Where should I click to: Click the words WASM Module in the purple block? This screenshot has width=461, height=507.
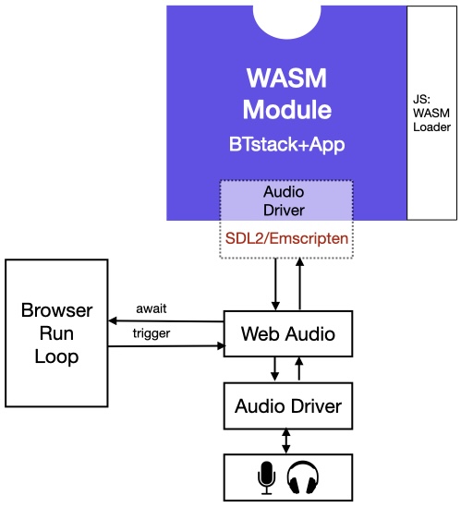[286, 93]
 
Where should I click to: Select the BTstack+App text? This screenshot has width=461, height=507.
[286, 145]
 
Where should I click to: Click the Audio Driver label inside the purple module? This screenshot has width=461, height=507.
[286, 200]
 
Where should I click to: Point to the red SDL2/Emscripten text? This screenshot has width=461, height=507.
[286, 237]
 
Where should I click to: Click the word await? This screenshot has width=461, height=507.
[152, 308]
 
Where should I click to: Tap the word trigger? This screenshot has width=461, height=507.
[152, 333]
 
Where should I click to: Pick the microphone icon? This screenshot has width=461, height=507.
[266, 477]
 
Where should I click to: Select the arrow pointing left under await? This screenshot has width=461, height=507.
[166, 320]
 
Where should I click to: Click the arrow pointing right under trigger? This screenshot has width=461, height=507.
[166, 346]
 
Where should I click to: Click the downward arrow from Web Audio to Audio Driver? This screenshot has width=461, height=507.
[274, 368]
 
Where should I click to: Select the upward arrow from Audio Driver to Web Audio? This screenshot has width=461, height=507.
[298, 368]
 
